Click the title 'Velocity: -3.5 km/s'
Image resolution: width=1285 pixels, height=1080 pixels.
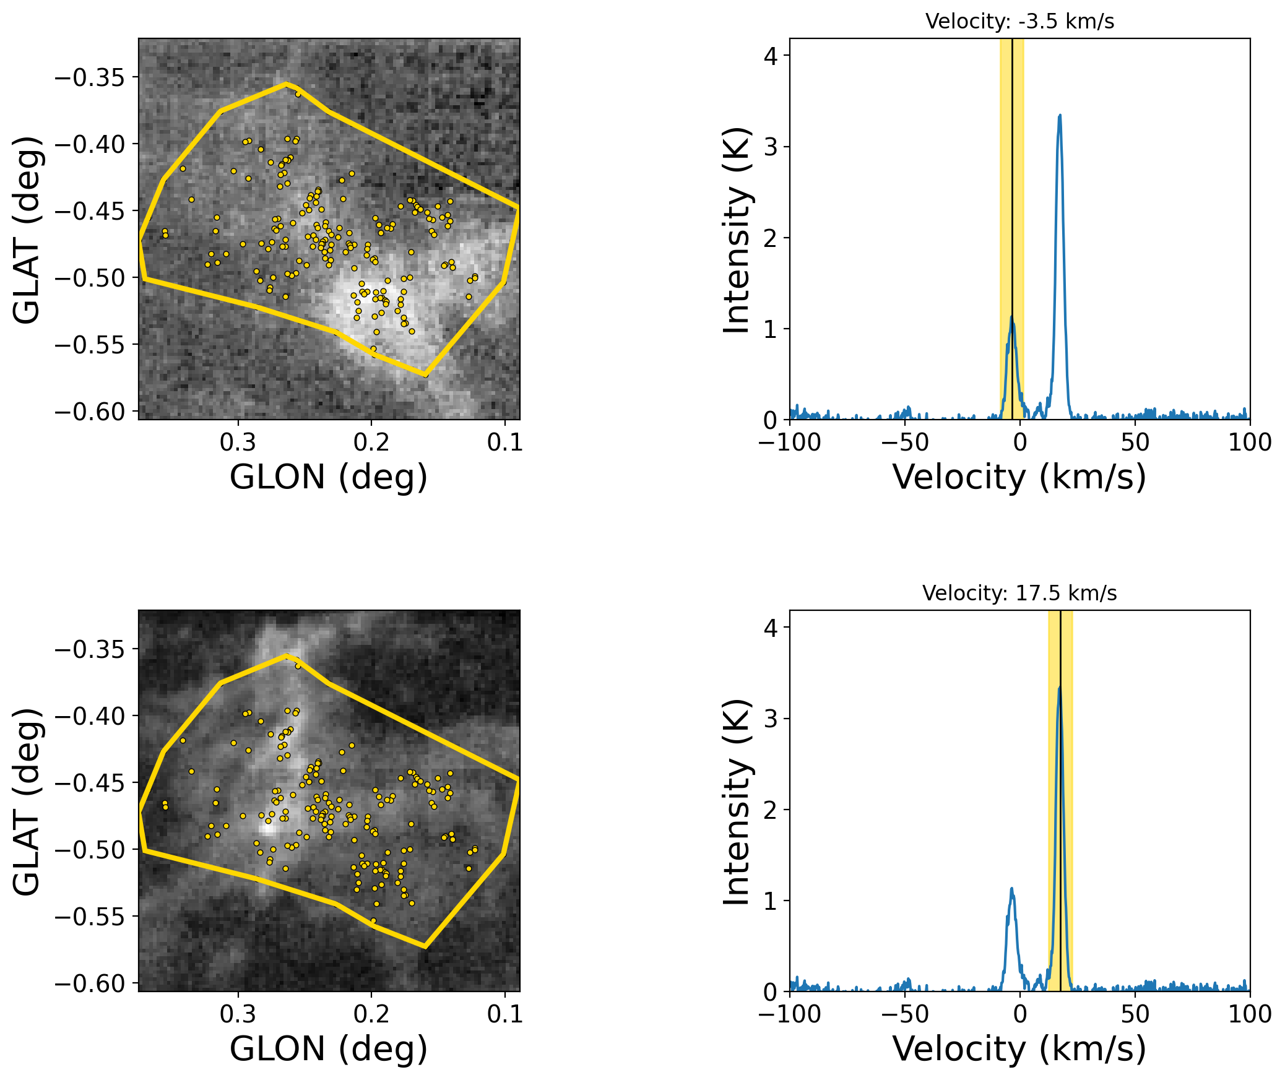tap(1019, 22)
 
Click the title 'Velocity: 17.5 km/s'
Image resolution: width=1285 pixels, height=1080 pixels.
tap(1019, 594)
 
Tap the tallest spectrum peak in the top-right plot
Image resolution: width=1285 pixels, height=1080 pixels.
tap(1060, 116)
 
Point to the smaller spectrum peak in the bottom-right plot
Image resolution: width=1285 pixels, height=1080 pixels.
tap(1012, 890)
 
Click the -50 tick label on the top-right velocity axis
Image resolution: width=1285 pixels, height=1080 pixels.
tap(904, 443)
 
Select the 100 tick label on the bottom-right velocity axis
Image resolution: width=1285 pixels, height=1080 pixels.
tap(1250, 1014)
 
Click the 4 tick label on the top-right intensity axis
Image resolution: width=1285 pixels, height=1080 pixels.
tap(770, 56)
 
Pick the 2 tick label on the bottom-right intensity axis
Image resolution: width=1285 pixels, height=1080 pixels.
tap(770, 810)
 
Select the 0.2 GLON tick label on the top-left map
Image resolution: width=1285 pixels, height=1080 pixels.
tap(371, 443)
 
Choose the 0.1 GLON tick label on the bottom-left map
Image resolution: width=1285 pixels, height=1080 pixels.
tap(505, 1014)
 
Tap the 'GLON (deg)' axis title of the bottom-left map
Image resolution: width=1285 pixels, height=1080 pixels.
tap(329, 1049)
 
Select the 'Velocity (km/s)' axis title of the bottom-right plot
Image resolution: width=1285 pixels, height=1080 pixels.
tap(1019, 1049)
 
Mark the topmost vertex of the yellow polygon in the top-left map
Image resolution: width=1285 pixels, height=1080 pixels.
tap(286, 84)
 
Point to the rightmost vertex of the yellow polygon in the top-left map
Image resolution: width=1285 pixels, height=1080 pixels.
tap(518, 207)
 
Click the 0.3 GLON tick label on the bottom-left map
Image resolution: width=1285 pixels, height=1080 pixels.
tap(238, 1014)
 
